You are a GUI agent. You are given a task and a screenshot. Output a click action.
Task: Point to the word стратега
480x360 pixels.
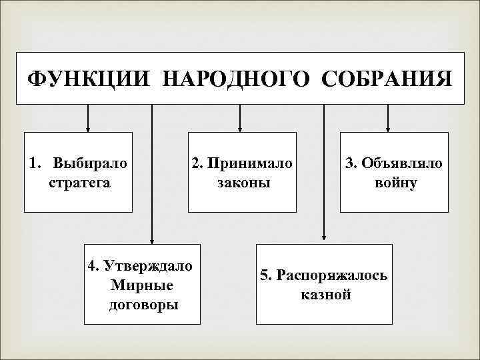click(x=79, y=182)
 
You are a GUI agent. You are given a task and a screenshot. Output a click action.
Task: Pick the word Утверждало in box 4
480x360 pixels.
click(x=147, y=266)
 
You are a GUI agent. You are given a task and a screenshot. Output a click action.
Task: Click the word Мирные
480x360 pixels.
click(x=139, y=285)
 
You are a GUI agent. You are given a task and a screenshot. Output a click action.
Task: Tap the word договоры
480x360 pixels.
click(x=143, y=305)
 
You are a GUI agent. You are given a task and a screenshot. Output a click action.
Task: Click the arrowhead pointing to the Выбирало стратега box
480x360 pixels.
click(x=88, y=127)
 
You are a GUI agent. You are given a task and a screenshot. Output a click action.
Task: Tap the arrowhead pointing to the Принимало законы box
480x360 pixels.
click(x=240, y=127)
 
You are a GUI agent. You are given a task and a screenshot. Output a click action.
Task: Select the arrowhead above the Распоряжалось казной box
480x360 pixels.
click(x=324, y=235)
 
